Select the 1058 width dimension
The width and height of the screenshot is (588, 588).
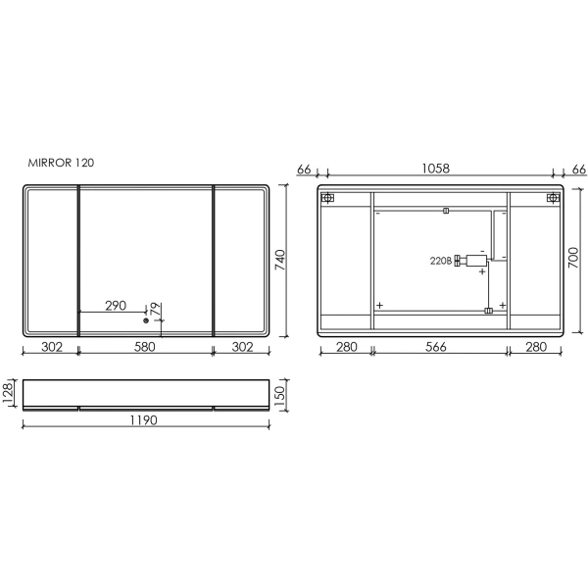436,169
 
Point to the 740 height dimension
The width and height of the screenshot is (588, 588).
279,260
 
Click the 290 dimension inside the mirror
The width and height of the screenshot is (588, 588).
116,306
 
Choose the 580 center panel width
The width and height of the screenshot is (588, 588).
145,346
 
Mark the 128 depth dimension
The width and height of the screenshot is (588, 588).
8,393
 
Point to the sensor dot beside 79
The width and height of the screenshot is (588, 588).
145,319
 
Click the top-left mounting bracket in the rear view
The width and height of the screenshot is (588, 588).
328,198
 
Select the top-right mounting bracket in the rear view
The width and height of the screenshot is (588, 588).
552,198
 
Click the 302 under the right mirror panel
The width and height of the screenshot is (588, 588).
241,346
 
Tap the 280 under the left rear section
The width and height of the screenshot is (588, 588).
345,346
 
